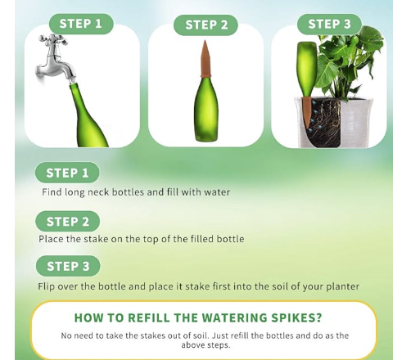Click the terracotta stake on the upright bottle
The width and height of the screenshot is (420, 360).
pyautogui.click(x=205, y=59)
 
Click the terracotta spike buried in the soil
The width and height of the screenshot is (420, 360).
pyautogui.click(x=307, y=112)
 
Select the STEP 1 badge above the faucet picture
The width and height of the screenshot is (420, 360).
pyautogui.click(x=81, y=24)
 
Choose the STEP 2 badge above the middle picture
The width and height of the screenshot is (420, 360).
pyautogui.click(x=206, y=25)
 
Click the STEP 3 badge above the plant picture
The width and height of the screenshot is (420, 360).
pyautogui.click(x=329, y=24)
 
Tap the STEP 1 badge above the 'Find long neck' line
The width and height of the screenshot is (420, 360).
pyautogui.click(x=67, y=173)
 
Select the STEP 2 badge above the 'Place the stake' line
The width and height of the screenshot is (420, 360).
pyautogui.click(x=67, y=221)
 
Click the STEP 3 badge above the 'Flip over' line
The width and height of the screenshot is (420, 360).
pyautogui.click(x=68, y=266)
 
